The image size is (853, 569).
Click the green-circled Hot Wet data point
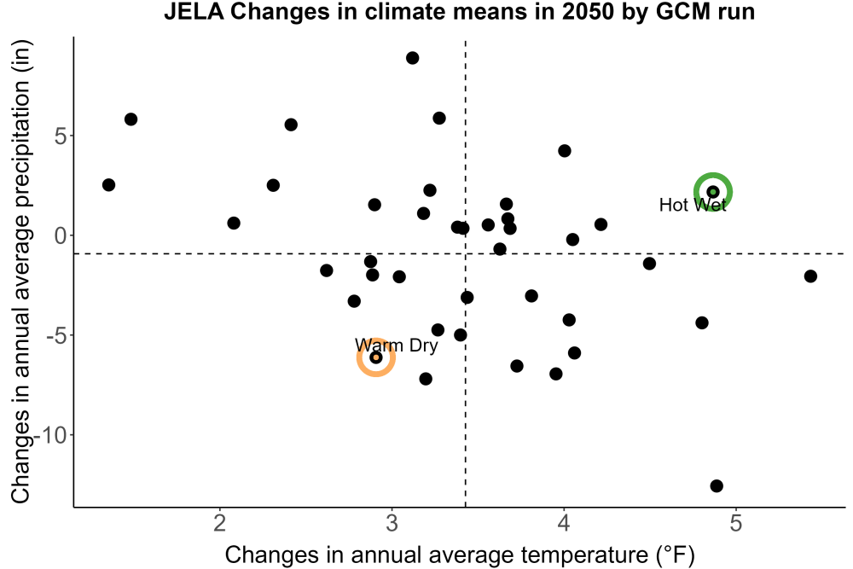712,191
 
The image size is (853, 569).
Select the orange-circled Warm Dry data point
375,357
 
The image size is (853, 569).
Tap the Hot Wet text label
693,205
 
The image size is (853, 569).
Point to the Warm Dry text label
396,345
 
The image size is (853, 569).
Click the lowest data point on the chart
717,485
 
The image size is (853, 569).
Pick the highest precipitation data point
412,58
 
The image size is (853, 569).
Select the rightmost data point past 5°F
810,276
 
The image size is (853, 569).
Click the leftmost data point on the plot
108,185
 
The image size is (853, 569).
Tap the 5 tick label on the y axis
61,136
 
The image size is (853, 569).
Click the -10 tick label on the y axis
50,435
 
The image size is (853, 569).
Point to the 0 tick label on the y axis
61,235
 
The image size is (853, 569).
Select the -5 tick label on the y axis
56,335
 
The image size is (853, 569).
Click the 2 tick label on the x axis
219,523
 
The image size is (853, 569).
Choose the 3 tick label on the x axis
392,523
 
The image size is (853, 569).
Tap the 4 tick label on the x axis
564,523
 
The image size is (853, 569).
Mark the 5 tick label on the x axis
736,523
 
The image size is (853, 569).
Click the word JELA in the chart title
194,11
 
